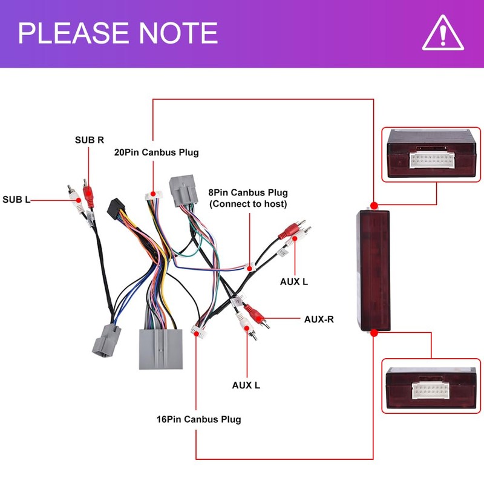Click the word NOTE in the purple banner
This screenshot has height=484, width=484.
click(178, 33)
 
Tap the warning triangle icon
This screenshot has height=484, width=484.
click(443, 33)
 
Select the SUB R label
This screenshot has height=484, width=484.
click(90, 140)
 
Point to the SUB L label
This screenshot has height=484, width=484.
click(16, 200)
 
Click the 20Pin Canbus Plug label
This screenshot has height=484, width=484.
click(157, 152)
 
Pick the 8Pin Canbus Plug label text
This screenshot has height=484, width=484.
click(248, 192)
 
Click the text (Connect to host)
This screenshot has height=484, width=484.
click(248, 204)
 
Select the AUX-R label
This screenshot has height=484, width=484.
click(319, 319)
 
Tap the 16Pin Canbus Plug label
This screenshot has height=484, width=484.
click(199, 419)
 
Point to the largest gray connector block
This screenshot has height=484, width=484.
click(160, 349)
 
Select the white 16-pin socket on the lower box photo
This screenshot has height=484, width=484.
click(431, 390)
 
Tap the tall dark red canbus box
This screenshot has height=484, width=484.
click(373, 270)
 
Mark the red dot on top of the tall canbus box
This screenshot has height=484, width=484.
click(374, 206)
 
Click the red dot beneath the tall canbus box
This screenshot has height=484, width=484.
click(374, 333)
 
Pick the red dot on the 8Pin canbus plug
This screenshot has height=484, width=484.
click(249, 269)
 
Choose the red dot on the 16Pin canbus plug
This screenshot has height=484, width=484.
click(196, 334)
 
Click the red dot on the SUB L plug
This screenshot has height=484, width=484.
click(79, 200)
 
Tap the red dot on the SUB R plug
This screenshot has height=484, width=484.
click(88, 193)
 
